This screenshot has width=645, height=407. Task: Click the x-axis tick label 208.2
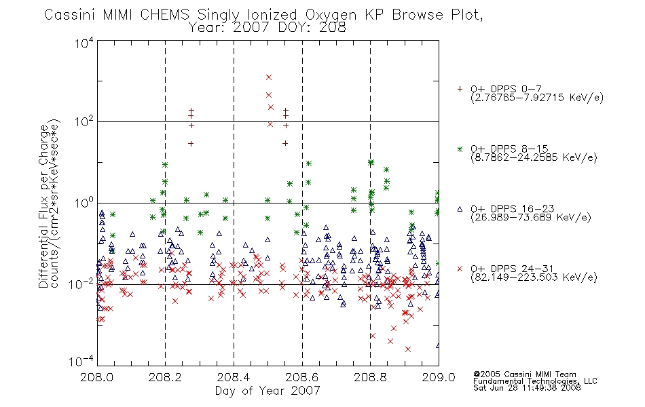[165, 377]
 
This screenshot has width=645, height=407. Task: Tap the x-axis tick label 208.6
[301, 377]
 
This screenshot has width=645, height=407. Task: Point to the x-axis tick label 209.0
[439, 377]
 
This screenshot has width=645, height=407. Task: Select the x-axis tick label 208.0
[96, 377]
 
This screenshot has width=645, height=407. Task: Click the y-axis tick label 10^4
[84, 43]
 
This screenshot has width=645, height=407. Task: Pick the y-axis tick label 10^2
[84, 121]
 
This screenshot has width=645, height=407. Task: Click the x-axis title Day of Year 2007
[268, 391]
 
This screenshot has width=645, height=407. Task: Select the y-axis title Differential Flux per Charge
[43, 206]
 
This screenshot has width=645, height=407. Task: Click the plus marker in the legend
[460, 89]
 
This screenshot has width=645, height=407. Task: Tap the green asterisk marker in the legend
[460, 149]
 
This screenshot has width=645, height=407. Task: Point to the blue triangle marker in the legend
[460, 209]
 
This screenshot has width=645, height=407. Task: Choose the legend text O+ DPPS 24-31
[512, 269]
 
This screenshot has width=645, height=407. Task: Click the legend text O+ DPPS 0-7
[506, 89]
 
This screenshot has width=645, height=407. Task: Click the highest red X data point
[269, 77]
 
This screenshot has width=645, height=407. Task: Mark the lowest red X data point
[407, 349]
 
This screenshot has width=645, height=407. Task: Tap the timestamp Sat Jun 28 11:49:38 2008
[527, 388]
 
